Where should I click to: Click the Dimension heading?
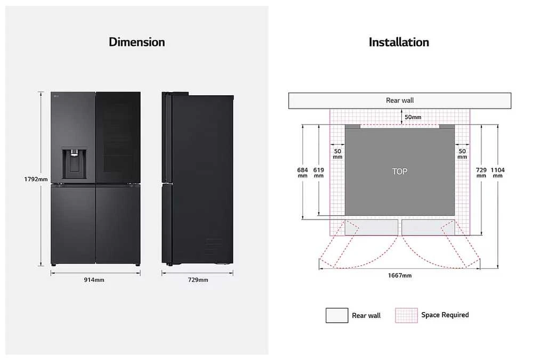coord(136,42)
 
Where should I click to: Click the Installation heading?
coord(399,42)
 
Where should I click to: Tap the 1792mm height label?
coord(36,179)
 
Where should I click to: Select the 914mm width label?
coord(94,280)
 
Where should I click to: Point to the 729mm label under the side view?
coord(198,280)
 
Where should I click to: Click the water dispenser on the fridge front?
coord(74,163)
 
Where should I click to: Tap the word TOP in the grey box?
coord(400,171)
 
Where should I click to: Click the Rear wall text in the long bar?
coord(400,100)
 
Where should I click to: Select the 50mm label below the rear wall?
coord(413,117)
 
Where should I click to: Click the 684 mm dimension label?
coord(303,173)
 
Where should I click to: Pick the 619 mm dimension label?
coord(319,173)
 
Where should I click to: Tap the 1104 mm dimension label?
coord(498,173)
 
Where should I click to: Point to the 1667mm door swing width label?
coord(400,275)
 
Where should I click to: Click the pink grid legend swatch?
coord(406,315)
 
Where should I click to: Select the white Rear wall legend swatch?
coord(337,315)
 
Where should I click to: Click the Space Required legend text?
coord(445,315)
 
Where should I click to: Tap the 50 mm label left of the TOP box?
coord(337,154)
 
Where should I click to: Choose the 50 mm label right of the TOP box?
coord(462,154)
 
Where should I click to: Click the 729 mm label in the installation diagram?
coord(481,173)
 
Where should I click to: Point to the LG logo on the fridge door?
coord(56,96)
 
